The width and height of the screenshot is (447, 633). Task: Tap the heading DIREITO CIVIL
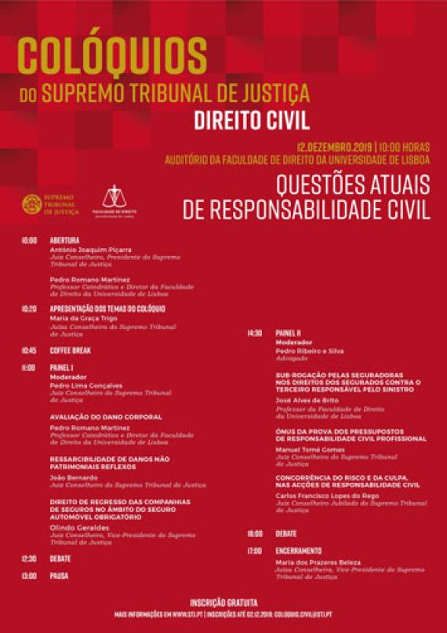[252, 122]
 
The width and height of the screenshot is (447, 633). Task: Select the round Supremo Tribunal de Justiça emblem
[32, 204]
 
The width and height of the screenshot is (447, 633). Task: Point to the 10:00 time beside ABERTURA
[29, 240]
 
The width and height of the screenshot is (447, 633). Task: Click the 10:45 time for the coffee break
[29, 350]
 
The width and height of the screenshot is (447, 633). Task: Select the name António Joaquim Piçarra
[90, 250]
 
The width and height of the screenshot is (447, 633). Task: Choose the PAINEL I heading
[61, 367]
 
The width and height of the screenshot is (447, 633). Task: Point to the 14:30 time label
[254, 333]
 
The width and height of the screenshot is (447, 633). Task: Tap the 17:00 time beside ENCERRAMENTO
[254, 551]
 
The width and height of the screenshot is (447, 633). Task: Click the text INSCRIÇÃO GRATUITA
[223, 602]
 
